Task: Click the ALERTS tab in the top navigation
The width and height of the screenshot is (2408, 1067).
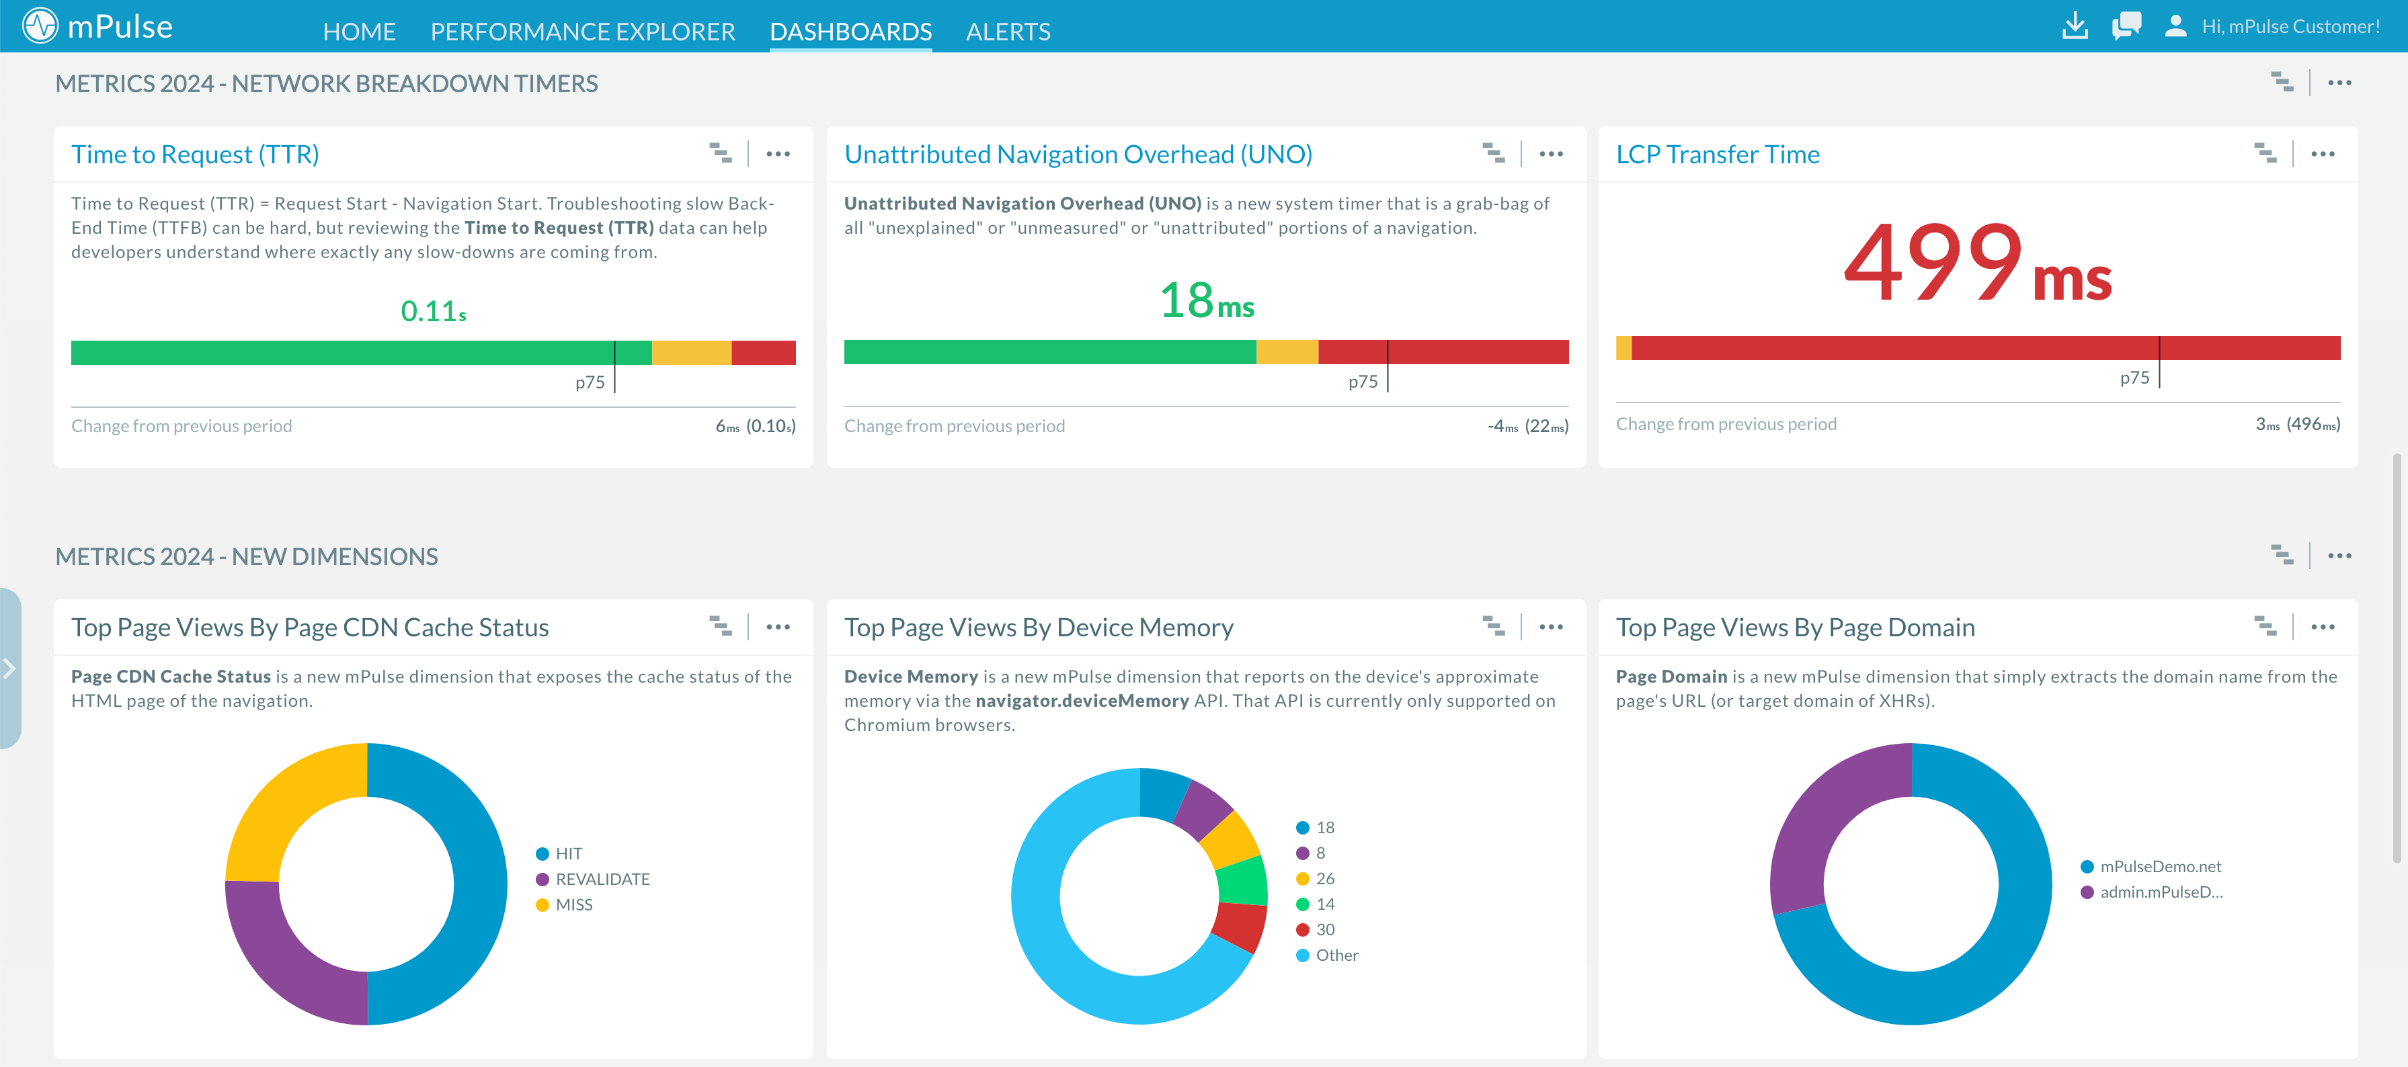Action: click(x=1008, y=32)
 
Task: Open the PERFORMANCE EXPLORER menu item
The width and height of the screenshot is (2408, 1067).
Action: click(x=582, y=32)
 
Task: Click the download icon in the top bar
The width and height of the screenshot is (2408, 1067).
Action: click(x=2075, y=26)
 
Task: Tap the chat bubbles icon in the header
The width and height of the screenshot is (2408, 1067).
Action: click(x=2126, y=26)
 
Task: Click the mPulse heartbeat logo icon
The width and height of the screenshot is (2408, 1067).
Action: click(x=40, y=26)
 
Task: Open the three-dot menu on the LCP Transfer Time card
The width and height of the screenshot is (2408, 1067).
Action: click(x=2322, y=154)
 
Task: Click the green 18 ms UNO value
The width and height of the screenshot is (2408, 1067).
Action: click(x=1206, y=301)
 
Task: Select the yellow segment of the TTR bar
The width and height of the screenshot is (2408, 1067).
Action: click(x=691, y=352)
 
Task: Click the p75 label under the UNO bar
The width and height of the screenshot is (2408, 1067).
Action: click(x=1362, y=381)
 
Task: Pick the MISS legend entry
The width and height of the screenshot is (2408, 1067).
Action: click(x=573, y=904)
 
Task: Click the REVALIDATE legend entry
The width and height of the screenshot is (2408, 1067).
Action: click(x=601, y=880)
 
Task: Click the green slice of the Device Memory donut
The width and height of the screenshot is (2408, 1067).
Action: click(x=1242, y=880)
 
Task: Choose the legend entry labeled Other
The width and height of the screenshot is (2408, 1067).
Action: click(x=1336, y=955)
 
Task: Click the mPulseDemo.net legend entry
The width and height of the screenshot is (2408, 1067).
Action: click(x=2159, y=866)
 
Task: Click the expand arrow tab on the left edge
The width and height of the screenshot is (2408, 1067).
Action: click(x=9, y=668)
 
